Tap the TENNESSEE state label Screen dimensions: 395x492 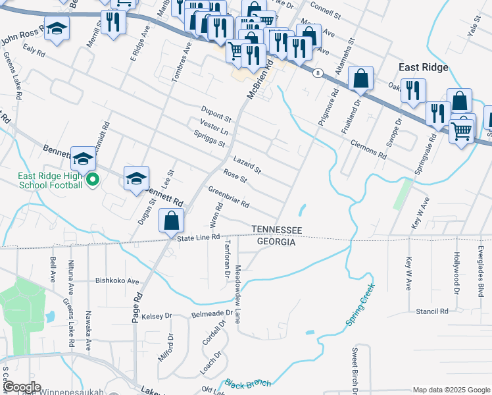click(276, 230)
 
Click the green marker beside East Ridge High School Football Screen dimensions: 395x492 click(93, 178)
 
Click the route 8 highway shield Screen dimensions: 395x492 click(318, 72)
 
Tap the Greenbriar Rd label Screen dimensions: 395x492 click(229, 197)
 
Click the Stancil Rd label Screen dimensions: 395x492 click(431, 311)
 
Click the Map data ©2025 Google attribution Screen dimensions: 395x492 click(450, 390)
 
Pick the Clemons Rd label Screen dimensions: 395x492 click(368, 149)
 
